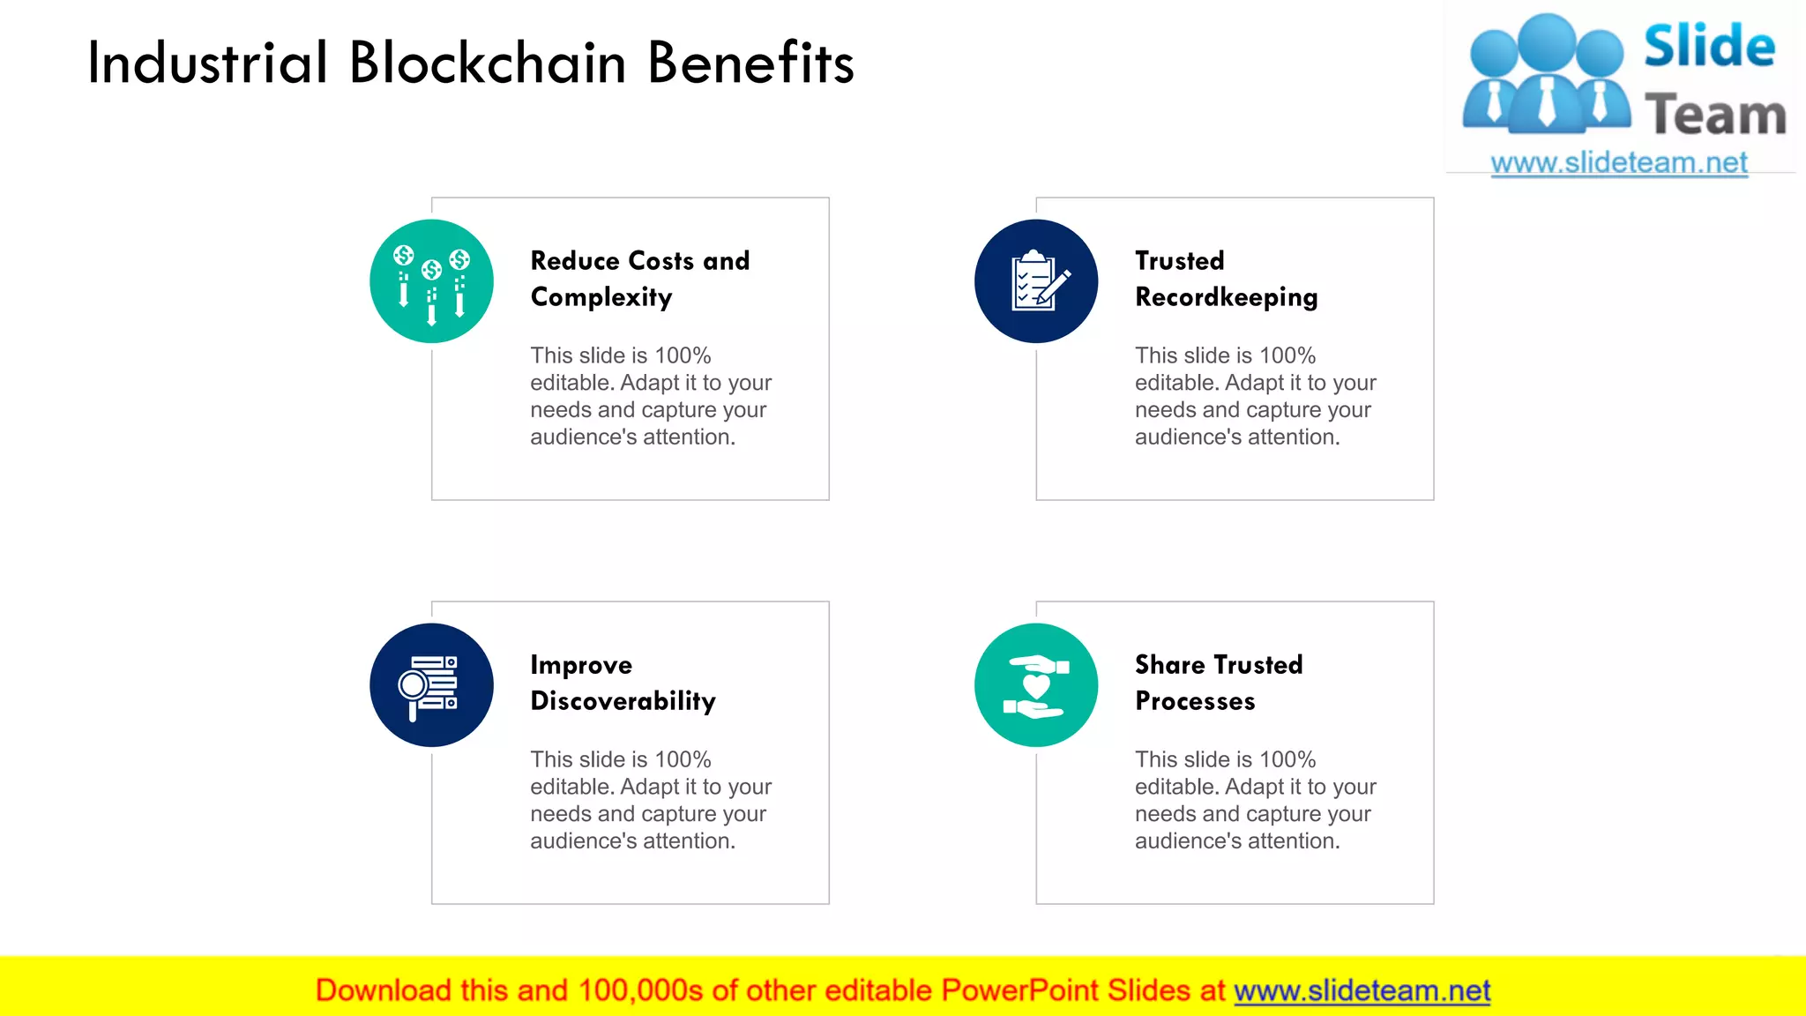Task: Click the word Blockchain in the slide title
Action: coord(488,63)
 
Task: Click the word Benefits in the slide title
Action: coord(750,63)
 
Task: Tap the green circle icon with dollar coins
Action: coord(431,281)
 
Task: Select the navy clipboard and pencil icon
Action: coord(1036,281)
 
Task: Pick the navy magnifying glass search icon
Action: coord(431,685)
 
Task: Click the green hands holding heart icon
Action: coord(1036,685)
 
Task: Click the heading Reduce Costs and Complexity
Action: coord(639,279)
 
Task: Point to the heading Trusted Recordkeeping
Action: coord(1226,279)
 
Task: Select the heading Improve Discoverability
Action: coord(623,683)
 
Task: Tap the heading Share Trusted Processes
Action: coord(1219,683)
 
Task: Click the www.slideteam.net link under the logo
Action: coord(1619,163)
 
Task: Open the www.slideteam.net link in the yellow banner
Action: coord(1362,990)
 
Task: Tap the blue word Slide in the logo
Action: coord(1709,47)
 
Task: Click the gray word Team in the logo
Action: coord(1715,116)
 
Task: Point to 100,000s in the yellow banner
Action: coord(640,990)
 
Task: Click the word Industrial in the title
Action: coord(208,63)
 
